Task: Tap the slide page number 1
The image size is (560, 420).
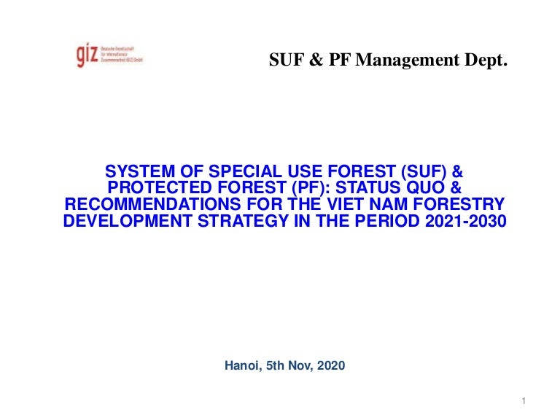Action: [524, 402]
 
